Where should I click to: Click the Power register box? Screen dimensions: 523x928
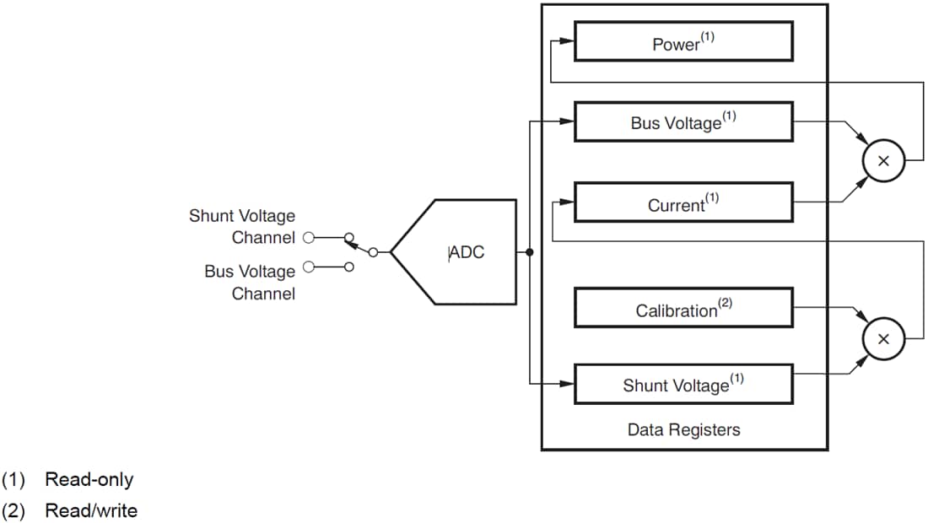point(683,41)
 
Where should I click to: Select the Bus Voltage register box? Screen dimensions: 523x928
point(683,122)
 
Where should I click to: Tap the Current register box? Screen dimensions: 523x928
point(683,202)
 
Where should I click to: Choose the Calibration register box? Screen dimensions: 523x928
point(683,309)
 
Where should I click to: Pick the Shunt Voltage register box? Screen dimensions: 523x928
point(683,385)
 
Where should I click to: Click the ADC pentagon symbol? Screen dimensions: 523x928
point(460,251)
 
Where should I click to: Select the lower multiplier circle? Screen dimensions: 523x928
point(883,339)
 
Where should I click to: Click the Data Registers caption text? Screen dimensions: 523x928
point(683,430)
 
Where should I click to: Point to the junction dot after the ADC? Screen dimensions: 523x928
point(529,252)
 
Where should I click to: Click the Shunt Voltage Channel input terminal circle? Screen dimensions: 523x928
point(309,237)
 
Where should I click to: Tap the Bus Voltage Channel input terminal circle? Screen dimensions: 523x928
point(309,267)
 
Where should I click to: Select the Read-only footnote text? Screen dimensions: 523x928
point(89,480)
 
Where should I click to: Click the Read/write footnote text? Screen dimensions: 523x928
point(90,510)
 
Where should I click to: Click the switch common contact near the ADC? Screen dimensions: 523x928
point(372,252)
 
